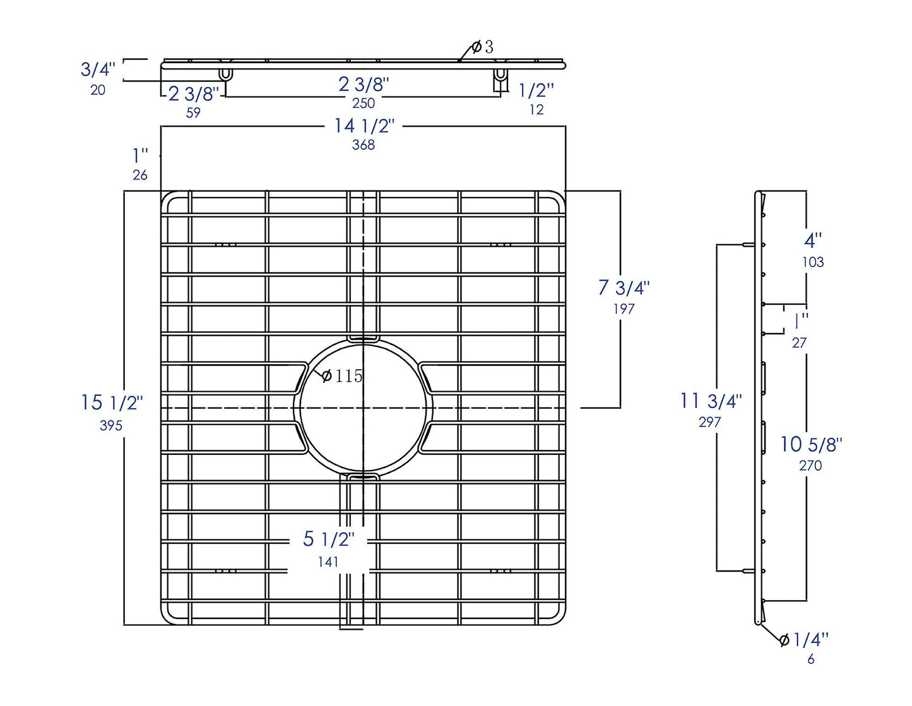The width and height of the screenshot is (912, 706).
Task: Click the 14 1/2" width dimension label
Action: coord(364,126)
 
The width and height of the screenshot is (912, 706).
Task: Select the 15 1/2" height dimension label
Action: coord(112,403)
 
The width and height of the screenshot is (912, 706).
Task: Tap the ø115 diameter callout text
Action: coord(342,376)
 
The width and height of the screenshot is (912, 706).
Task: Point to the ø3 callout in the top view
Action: coord(482,47)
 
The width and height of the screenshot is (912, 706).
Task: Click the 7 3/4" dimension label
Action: coord(624,288)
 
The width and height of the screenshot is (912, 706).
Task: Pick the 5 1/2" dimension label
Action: coord(328,539)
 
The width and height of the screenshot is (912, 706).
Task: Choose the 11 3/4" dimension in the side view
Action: coord(711,401)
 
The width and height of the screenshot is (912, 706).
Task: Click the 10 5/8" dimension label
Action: coord(811,444)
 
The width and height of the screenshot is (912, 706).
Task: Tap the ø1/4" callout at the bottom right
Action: coord(804,640)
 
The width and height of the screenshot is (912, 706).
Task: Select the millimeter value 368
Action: coord(364,144)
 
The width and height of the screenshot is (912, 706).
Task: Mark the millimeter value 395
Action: coord(111,426)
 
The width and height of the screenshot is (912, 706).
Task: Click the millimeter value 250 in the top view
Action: coord(364,103)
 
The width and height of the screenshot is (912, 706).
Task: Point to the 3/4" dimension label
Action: coord(98,69)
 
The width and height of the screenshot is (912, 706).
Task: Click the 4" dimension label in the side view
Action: coord(813,240)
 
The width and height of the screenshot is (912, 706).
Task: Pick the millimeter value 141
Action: coord(328,562)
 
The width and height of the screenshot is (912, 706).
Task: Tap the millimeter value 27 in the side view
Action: coord(799,343)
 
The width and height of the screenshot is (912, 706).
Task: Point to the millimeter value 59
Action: coord(193,113)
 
